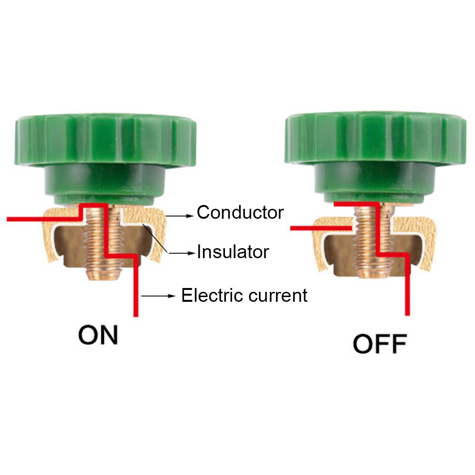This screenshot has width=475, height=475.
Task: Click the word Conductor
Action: (x=240, y=212)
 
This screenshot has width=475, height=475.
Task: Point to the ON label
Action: (x=98, y=335)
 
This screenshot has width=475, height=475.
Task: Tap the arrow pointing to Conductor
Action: (x=181, y=215)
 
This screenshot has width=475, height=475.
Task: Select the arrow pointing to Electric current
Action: (x=158, y=297)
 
